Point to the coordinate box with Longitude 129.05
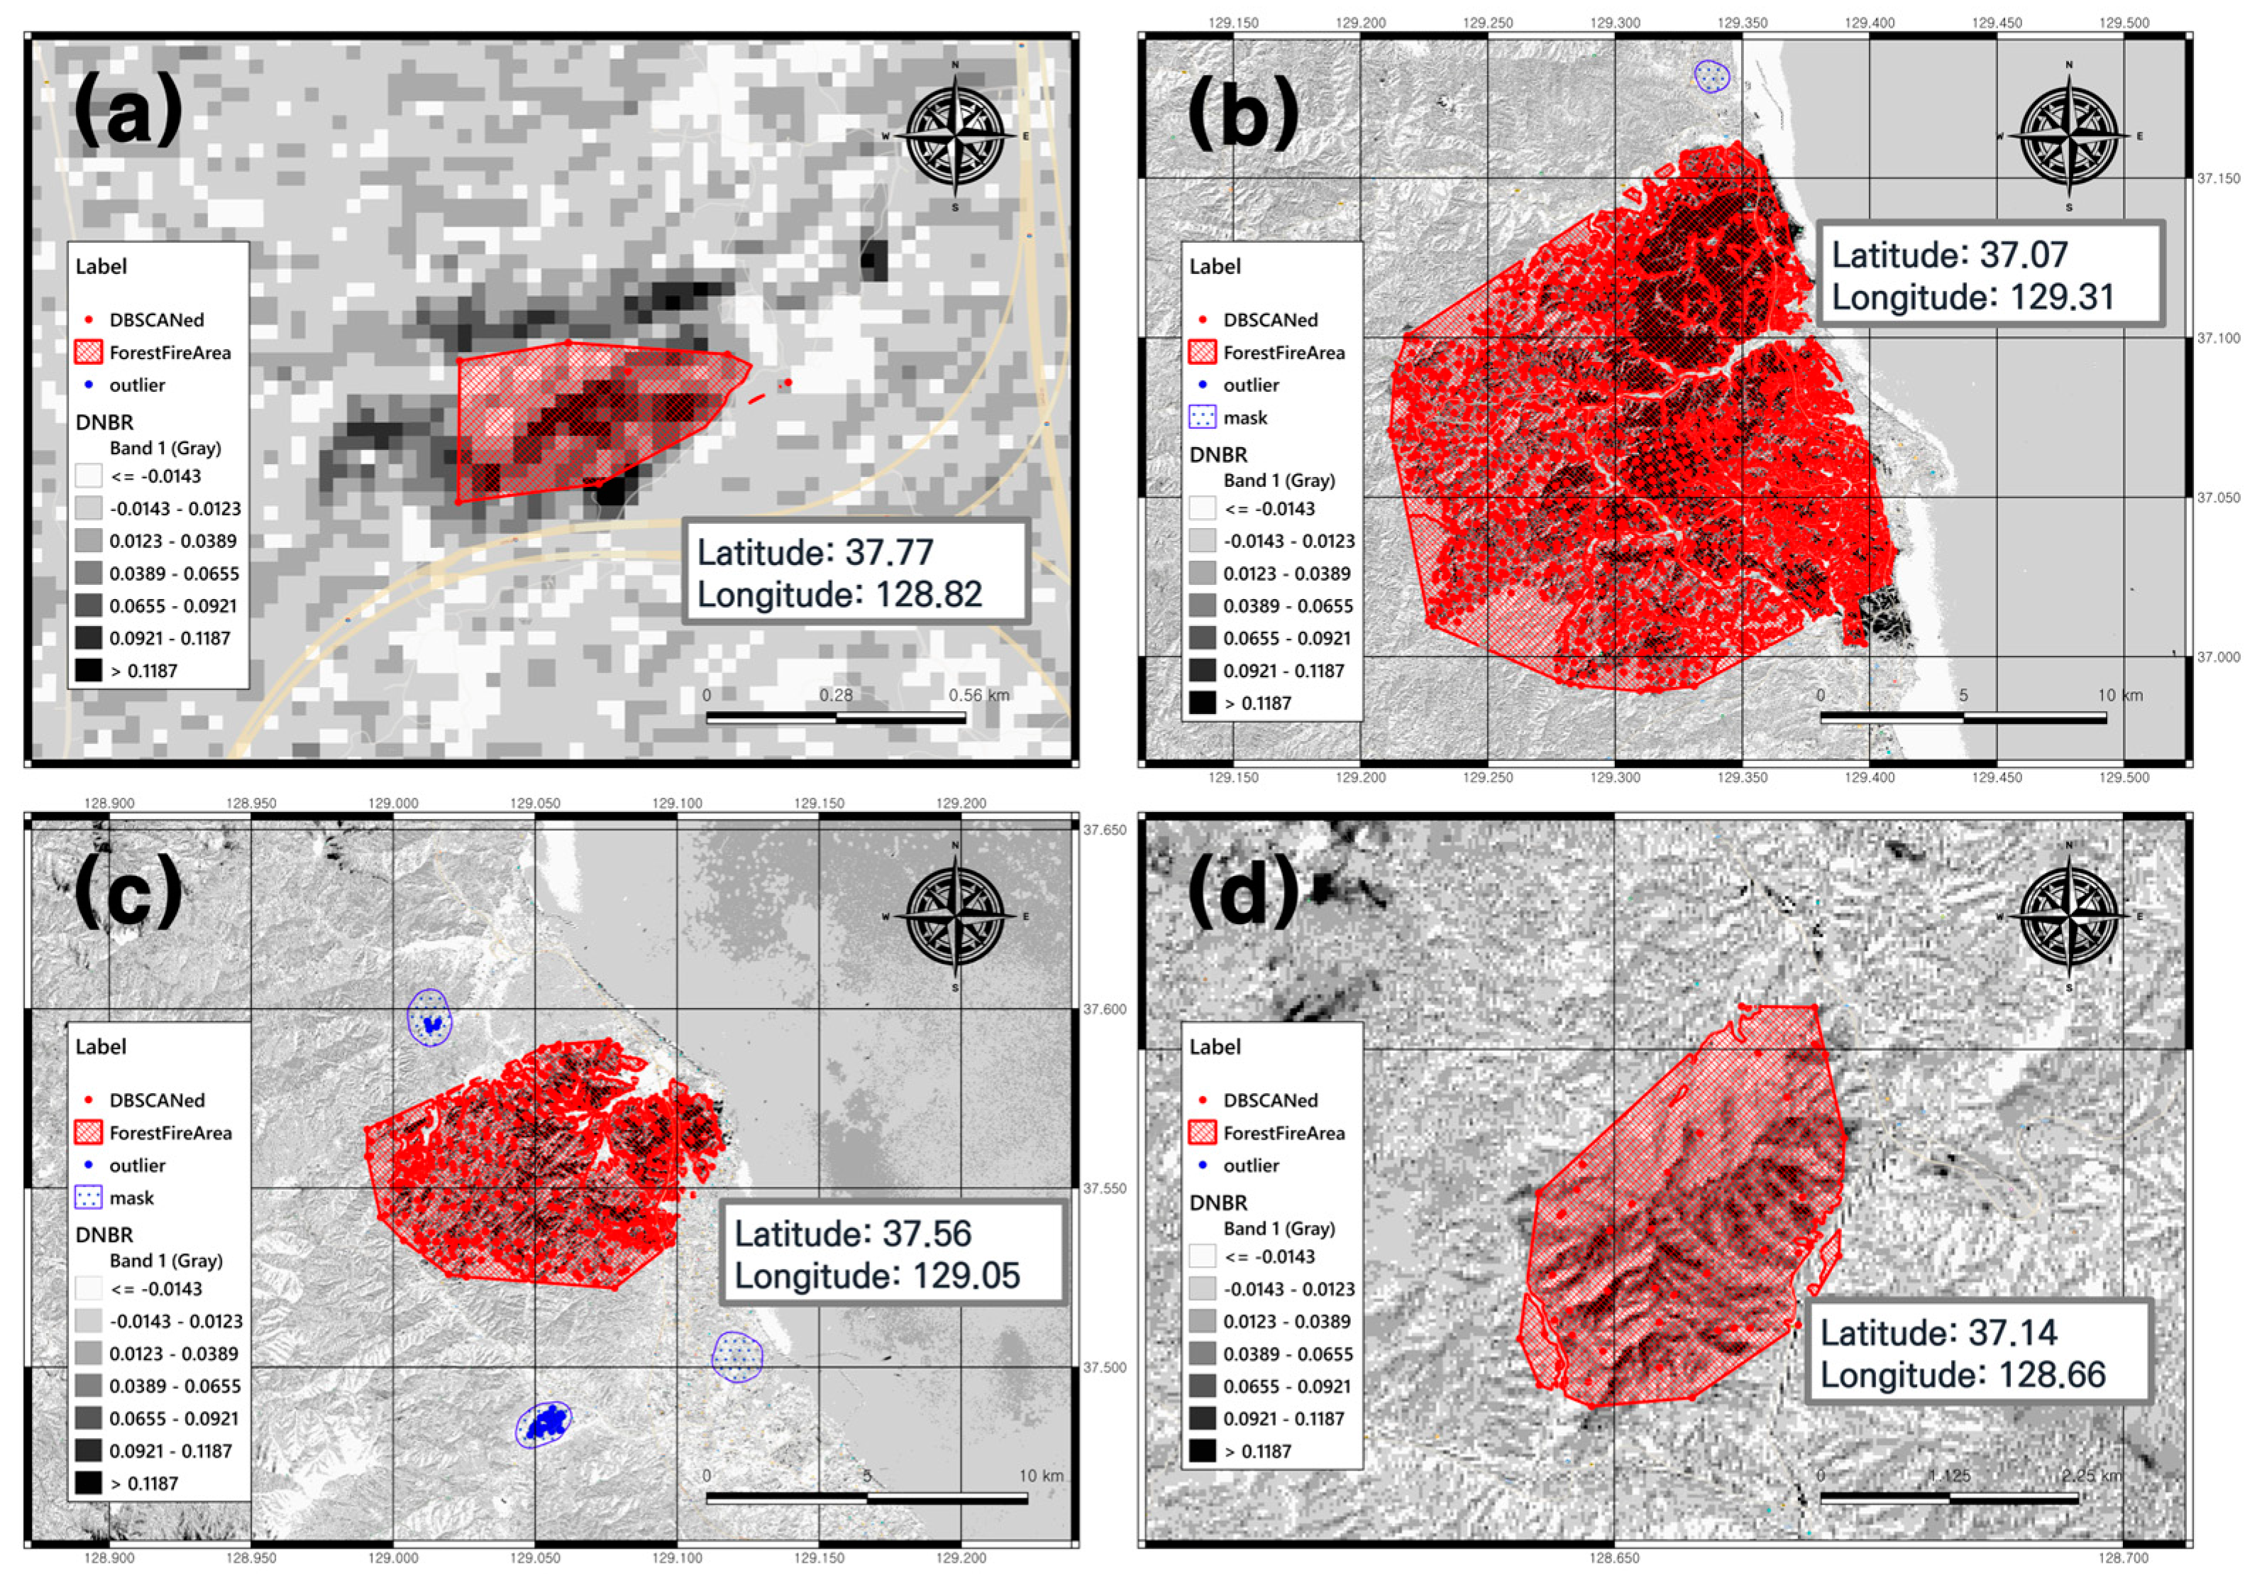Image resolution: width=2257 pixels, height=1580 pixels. click(893, 1253)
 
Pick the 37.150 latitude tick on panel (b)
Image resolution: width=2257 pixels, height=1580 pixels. click(2219, 179)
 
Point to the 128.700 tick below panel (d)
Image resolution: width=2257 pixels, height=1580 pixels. click(2124, 1557)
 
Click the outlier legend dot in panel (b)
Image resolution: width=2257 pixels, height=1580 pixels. click(1202, 385)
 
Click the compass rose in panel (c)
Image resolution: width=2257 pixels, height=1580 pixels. click(956, 916)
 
